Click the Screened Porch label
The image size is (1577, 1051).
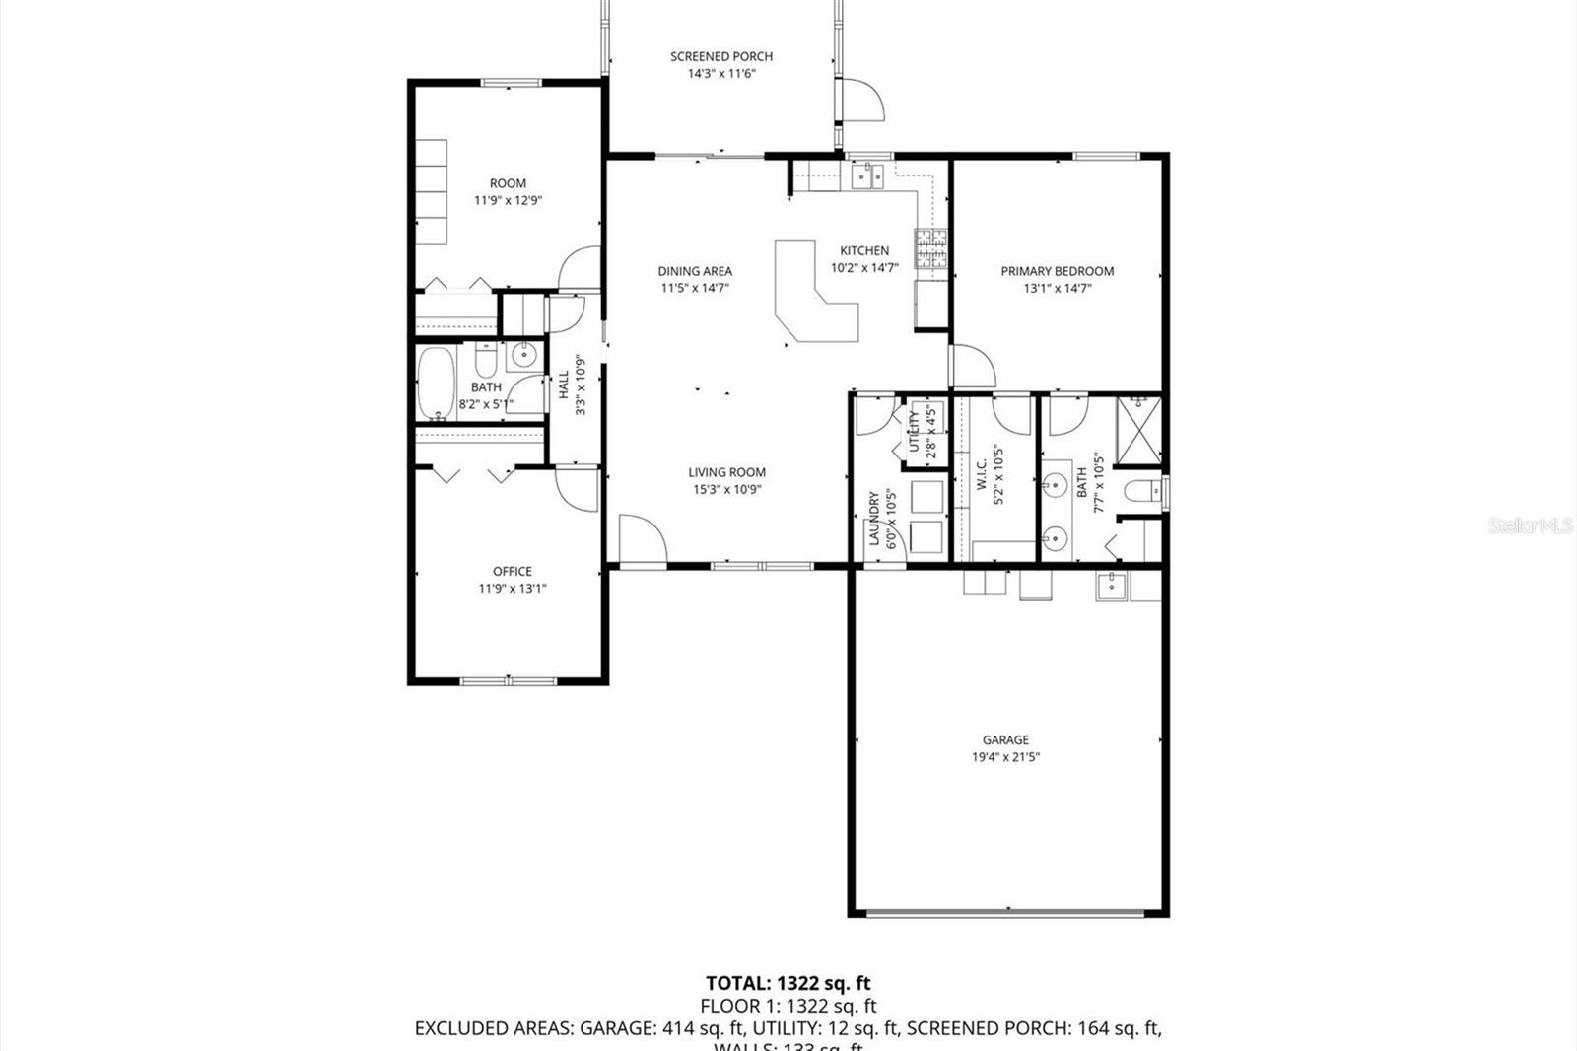721,56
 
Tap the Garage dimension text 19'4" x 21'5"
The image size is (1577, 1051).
1005,757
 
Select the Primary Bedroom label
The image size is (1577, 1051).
1058,271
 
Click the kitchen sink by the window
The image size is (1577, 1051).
867,175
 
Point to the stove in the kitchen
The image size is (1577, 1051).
931,249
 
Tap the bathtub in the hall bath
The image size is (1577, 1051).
435,383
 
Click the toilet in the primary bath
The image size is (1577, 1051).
1143,490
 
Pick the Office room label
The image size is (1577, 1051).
513,571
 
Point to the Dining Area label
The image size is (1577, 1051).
695,271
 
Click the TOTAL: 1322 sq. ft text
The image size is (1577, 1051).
788,983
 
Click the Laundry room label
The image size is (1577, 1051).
873,519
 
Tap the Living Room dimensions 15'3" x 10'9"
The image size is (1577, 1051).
726,489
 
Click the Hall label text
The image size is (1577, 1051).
564,385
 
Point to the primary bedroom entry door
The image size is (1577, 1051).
971,367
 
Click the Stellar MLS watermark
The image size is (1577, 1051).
1530,526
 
